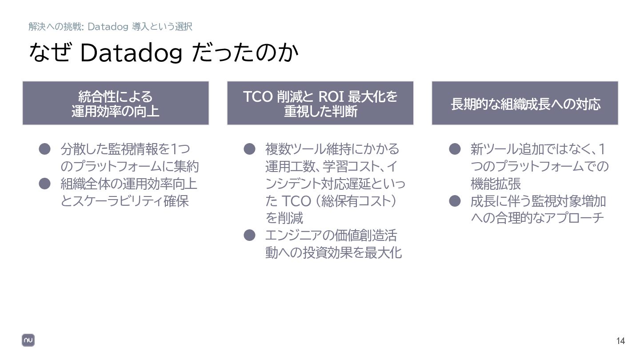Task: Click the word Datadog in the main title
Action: [131, 53]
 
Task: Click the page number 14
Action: [620, 341]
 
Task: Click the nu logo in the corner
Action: [28, 340]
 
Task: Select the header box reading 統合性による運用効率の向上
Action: [116, 103]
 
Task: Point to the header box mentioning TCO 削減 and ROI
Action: [320, 103]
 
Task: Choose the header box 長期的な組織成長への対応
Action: [525, 103]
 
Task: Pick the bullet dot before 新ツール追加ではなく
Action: [453, 148]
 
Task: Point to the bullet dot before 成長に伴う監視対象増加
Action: [453, 201]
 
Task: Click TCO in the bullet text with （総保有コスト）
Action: [296, 201]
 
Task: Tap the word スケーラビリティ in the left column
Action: [117, 201]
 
